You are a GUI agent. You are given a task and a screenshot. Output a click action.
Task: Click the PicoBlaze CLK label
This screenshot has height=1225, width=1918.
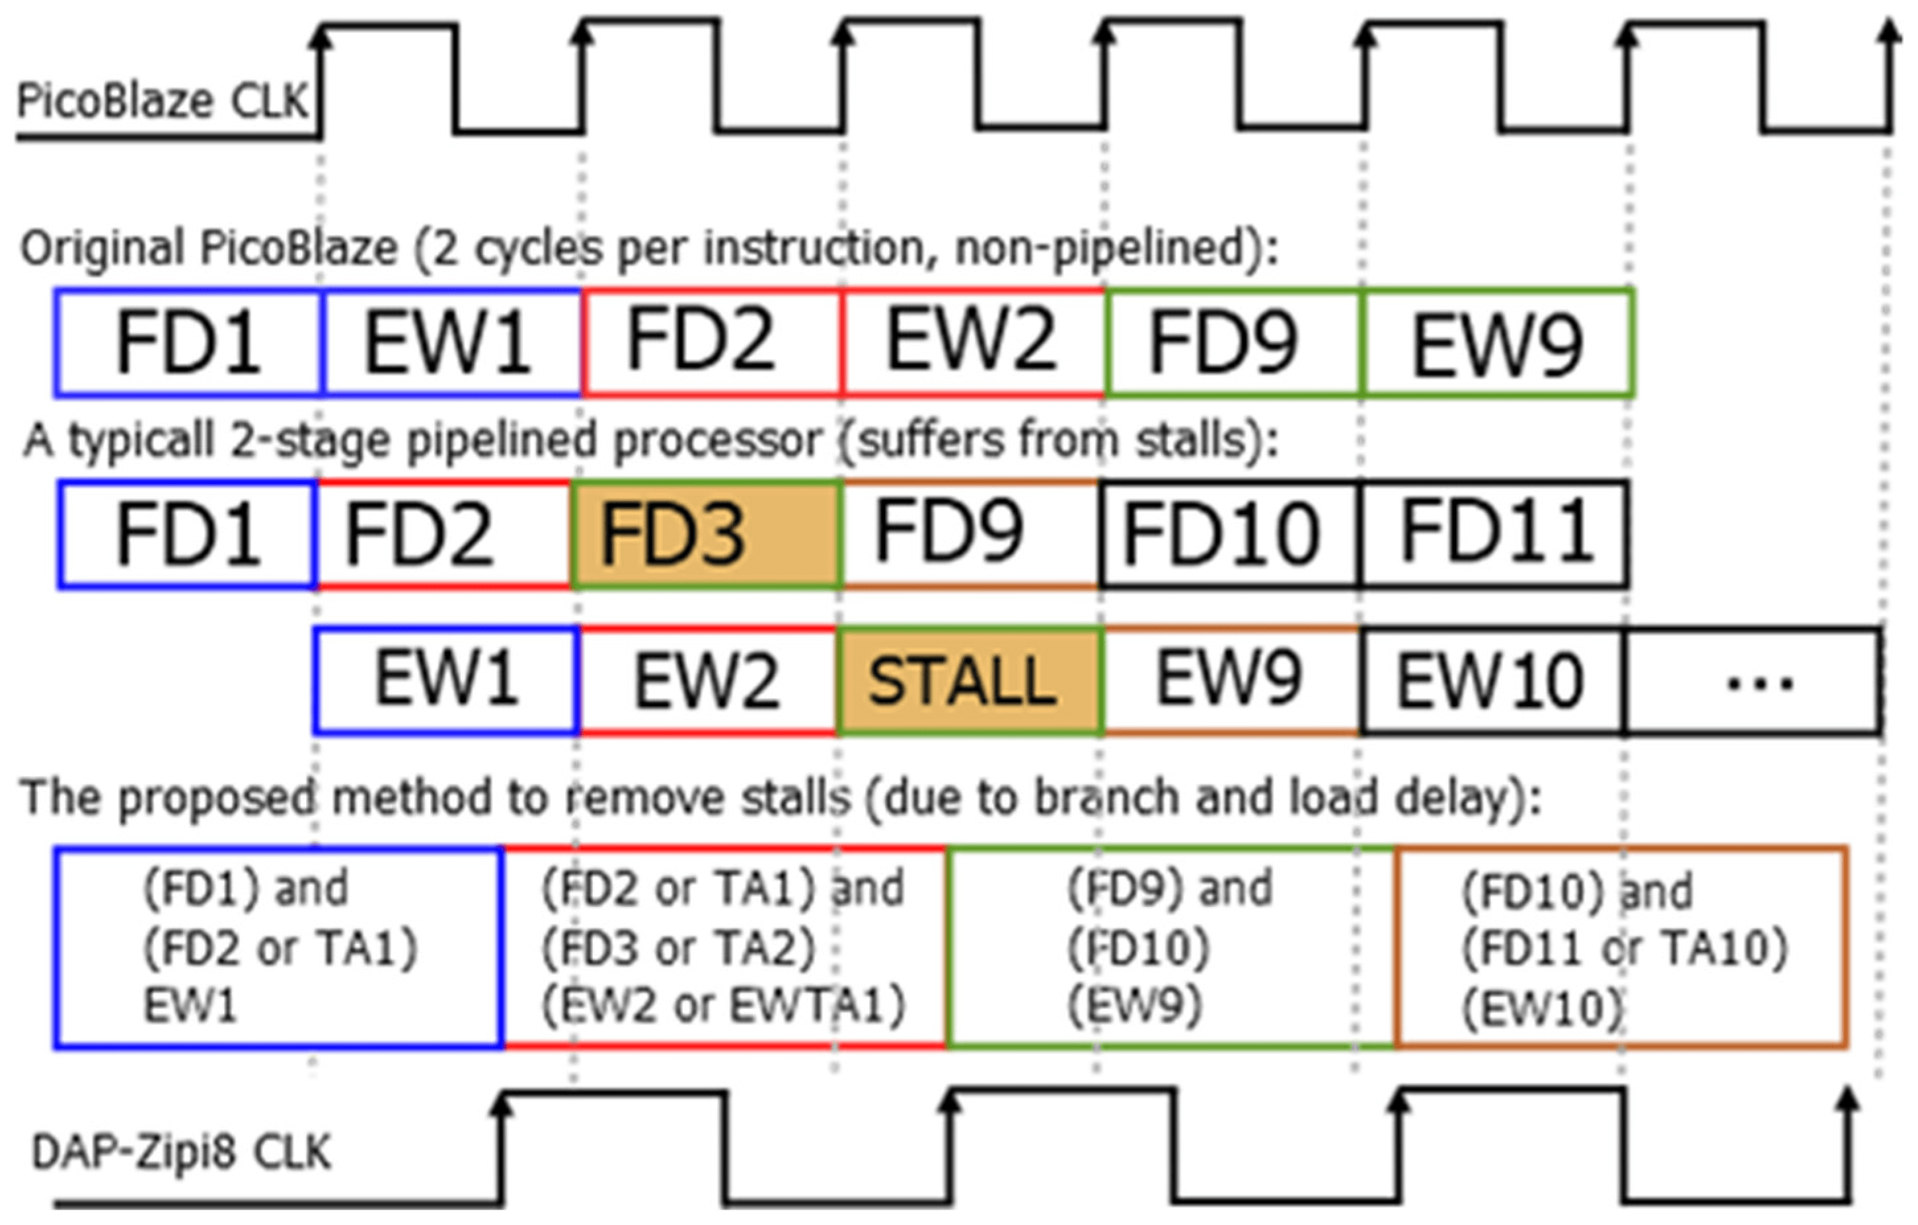point(163,102)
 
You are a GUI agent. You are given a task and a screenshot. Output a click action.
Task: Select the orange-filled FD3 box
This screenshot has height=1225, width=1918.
point(706,534)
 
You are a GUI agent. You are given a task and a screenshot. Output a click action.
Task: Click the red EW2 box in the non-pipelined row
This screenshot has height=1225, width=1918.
point(972,342)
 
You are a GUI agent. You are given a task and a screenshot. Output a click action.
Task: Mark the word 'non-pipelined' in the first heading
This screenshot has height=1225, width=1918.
point(1100,249)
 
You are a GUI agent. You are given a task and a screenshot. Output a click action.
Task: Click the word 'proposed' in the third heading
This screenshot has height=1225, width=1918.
point(217,797)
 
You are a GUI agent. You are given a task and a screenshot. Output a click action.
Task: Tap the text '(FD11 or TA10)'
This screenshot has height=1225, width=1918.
point(1625,948)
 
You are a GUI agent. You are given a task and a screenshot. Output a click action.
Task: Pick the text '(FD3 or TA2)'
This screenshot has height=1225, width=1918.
point(679,948)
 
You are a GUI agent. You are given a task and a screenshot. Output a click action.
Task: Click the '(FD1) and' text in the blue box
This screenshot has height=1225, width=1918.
point(245,888)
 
